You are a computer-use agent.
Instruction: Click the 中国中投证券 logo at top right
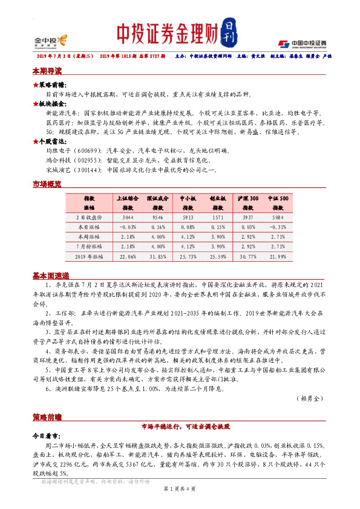[302, 43]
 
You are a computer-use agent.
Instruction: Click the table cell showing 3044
[128, 217]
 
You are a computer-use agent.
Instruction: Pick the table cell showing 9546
[158, 217]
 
